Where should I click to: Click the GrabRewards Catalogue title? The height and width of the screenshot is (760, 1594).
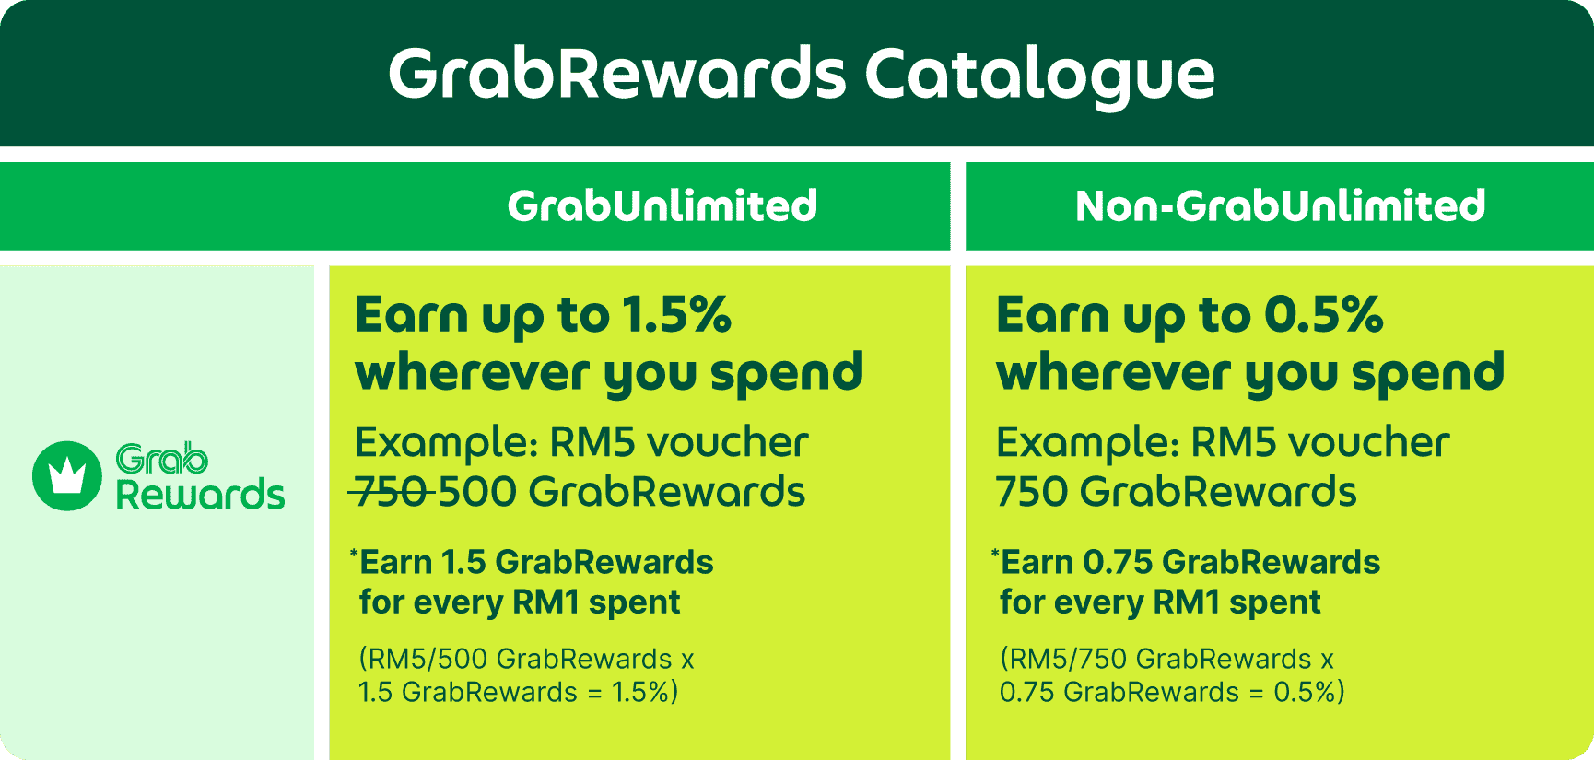[801, 74]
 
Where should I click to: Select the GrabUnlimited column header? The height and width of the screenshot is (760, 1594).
[662, 205]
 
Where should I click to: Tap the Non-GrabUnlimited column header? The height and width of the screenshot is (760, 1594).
[1280, 205]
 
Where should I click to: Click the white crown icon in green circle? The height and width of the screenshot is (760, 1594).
[67, 475]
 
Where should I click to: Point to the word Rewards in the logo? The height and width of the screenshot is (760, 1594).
[200, 495]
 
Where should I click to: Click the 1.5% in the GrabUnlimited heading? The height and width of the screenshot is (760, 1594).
[677, 315]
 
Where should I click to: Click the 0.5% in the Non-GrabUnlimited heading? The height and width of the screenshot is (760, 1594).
[1323, 315]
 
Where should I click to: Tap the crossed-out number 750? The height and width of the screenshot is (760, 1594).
[390, 492]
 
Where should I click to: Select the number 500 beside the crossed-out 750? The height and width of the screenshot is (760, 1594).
[476, 492]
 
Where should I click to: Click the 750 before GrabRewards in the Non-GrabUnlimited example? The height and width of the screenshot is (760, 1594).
[1032, 492]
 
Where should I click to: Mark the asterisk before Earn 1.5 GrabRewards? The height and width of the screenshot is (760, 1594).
[354, 553]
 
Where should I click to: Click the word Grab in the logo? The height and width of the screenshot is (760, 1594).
[161, 459]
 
